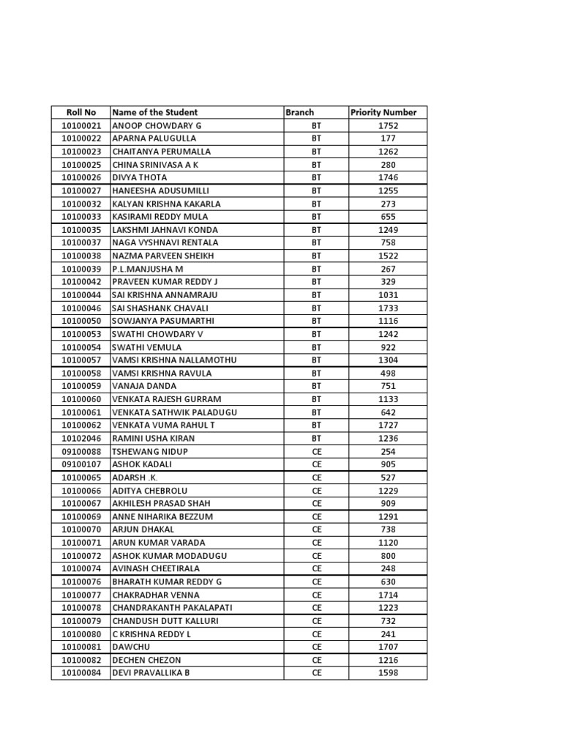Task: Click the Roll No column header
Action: click(80, 112)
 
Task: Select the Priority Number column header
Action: click(383, 112)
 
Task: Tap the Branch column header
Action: click(300, 112)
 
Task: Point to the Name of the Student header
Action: click(154, 112)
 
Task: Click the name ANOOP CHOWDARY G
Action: click(156, 125)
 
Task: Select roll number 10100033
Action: click(80, 217)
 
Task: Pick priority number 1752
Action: click(389, 125)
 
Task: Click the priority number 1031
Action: click(389, 294)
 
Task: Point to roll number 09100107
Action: click(80, 464)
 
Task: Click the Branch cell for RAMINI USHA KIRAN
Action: click(317, 438)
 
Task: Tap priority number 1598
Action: click(389, 672)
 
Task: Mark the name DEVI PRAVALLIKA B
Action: click(151, 672)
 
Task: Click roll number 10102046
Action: click(80, 438)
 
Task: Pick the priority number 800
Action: click(389, 555)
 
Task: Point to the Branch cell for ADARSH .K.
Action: click(317, 477)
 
